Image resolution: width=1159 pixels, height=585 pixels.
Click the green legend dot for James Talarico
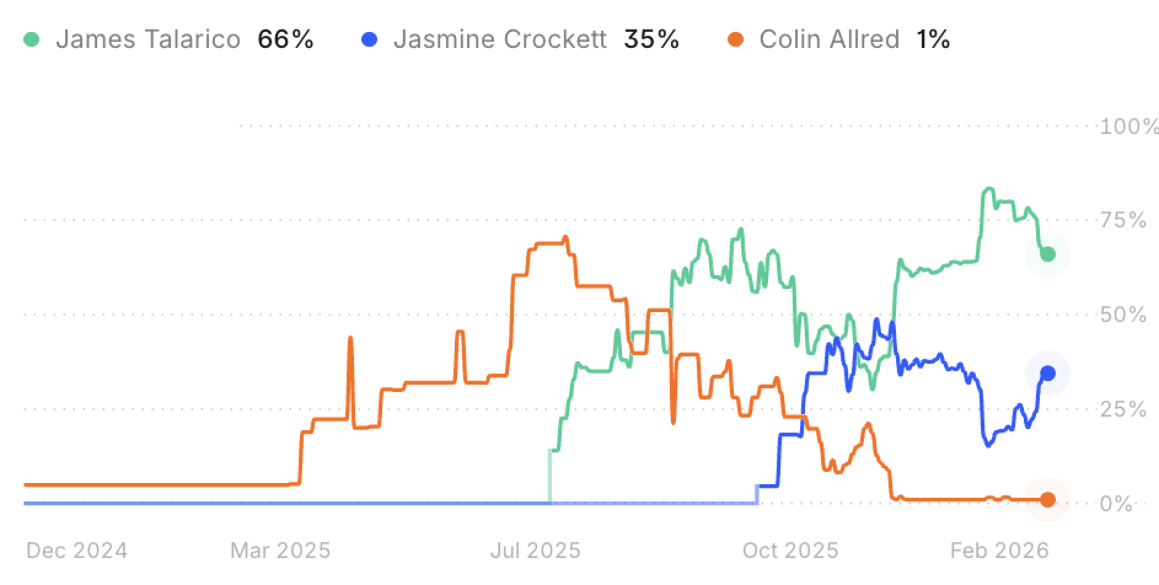[31, 40]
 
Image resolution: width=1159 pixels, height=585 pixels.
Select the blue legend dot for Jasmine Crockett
[369, 40]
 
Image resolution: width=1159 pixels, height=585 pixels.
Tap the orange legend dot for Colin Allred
[735, 40]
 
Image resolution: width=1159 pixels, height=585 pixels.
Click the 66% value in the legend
[285, 40]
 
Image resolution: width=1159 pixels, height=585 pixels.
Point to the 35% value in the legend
[651, 40]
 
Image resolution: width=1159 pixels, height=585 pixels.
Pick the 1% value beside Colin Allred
[933, 40]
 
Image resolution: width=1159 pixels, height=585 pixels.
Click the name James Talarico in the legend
[148, 40]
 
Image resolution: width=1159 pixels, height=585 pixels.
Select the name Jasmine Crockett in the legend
[500, 40]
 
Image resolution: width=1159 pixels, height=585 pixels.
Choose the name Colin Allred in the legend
[829, 40]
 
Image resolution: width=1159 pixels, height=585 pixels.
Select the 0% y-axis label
[1116, 504]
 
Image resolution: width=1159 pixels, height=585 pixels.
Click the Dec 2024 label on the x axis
[77, 550]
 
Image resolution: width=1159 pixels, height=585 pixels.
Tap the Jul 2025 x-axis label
[535, 550]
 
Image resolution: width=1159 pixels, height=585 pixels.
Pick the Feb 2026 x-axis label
[999, 550]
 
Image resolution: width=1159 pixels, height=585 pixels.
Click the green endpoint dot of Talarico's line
[1048, 254]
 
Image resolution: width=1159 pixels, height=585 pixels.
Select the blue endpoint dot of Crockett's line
[1048, 373]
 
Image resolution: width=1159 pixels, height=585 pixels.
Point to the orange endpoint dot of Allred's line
[1048, 500]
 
